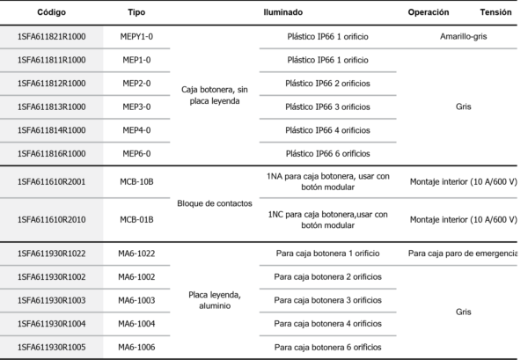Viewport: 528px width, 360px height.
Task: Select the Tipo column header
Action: [x=136, y=14]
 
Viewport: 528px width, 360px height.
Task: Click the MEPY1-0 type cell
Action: [x=136, y=39]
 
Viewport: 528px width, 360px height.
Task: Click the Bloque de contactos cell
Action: [x=215, y=203]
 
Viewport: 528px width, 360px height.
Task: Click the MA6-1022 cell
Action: [x=136, y=253]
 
